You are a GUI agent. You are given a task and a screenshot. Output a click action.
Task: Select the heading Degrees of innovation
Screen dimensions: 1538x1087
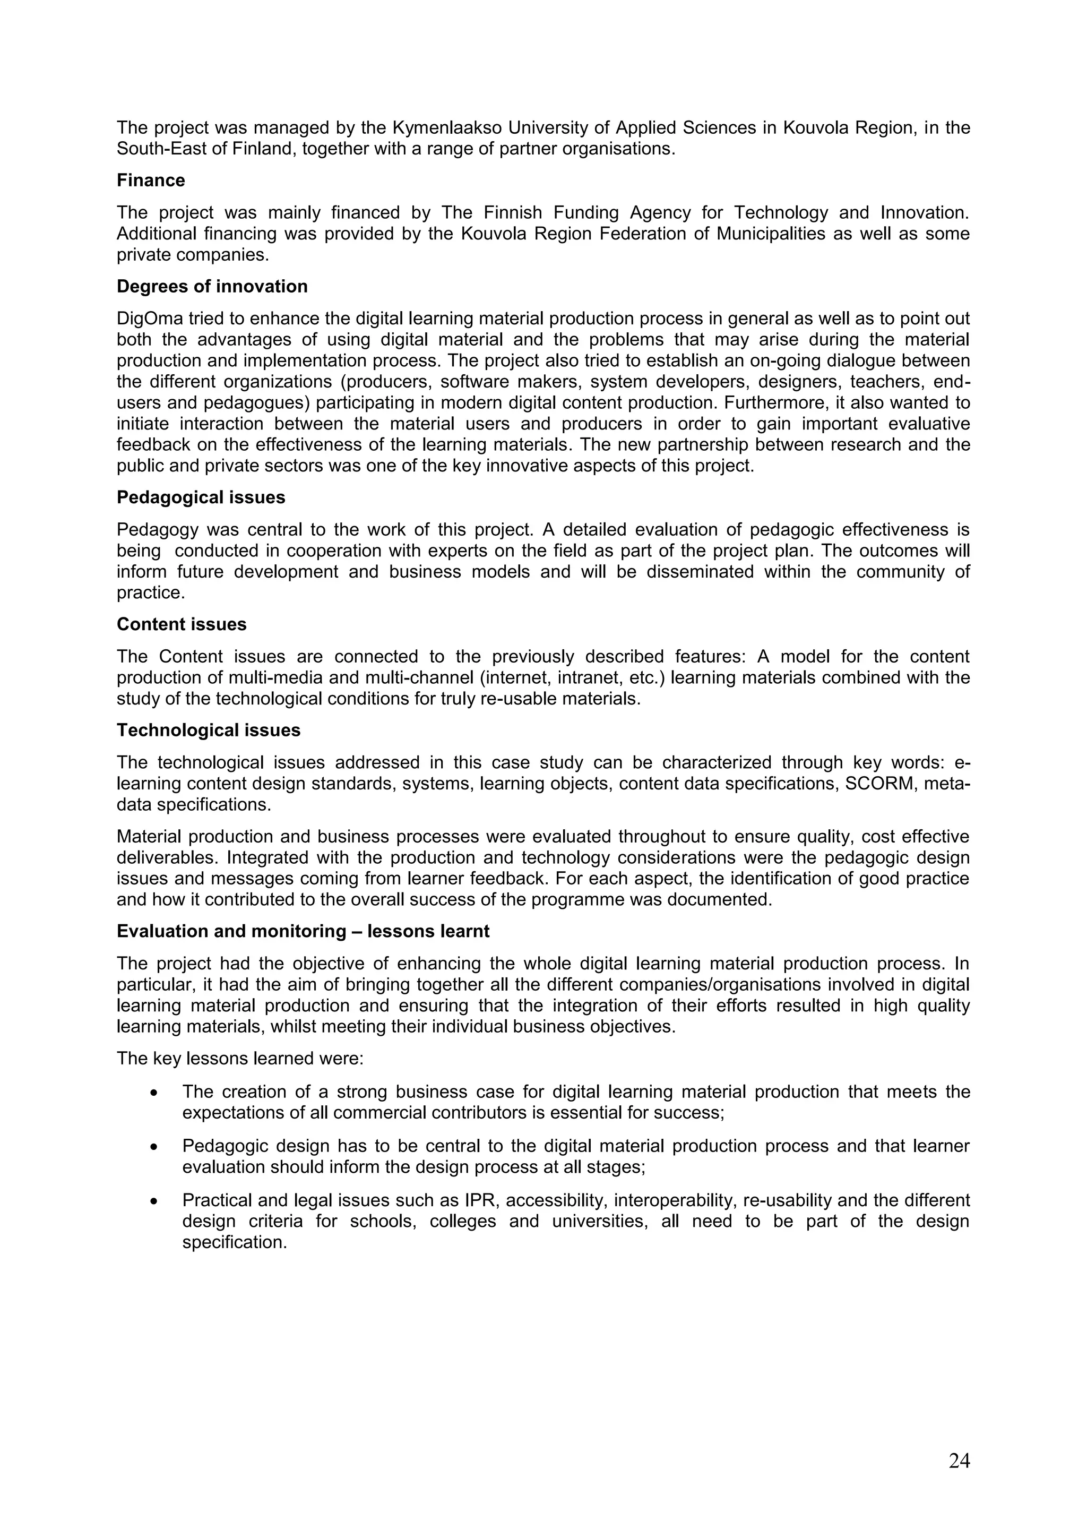point(212,287)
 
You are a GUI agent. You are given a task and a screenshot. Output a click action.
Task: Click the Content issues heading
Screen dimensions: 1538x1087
point(182,624)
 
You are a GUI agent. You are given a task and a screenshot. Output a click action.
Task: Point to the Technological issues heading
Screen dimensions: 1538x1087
point(208,730)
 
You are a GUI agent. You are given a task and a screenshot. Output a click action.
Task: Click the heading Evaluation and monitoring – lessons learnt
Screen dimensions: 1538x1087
point(303,932)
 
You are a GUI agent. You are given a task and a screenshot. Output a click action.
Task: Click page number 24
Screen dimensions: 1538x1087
point(959,1461)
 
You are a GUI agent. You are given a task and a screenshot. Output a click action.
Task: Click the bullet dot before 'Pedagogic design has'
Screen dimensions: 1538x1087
point(154,1147)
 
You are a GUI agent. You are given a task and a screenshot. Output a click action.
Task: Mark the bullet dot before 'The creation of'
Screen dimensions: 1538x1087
point(154,1093)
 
